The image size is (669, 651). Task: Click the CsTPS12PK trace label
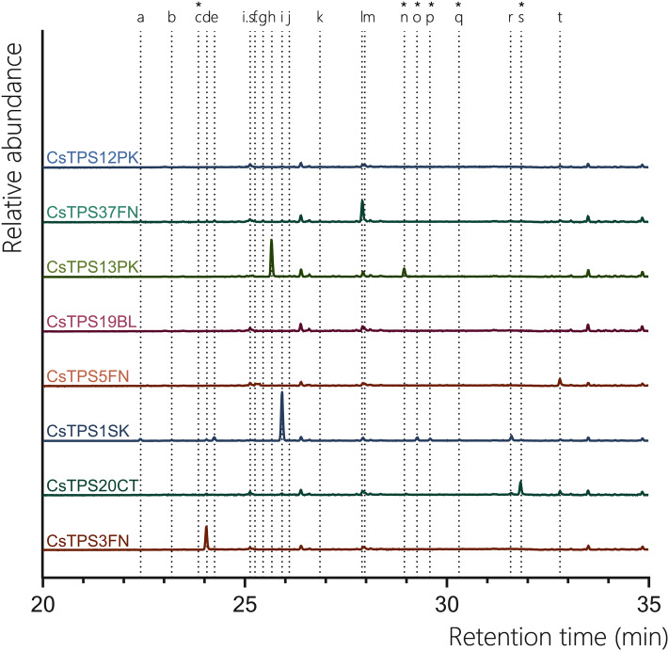coord(92,157)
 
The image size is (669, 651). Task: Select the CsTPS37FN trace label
coord(92,213)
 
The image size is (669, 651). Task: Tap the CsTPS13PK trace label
coord(92,267)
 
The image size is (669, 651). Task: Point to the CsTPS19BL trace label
coord(92,323)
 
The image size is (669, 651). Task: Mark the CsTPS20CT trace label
coord(92,485)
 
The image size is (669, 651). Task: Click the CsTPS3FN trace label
coord(88,541)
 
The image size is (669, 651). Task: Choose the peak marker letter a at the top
coord(140,17)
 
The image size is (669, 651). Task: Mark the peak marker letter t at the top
coord(560,17)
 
